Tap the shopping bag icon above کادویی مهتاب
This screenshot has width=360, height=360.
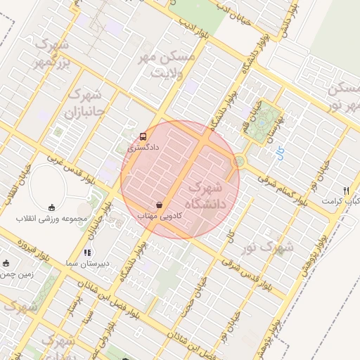click(x=160, y=205)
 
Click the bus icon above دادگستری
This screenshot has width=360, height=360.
click(x=143, y=136)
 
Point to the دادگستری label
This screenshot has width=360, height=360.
click(x=144, y=148)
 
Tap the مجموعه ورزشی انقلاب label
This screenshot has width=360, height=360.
click(x=53, y=219)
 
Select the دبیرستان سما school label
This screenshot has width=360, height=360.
click(x=86, y=263)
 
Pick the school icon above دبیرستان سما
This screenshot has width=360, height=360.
click(x=87, y=252)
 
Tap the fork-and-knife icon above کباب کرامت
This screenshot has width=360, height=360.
click(x=345, y=191)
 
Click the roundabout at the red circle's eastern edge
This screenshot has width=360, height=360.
click(x=238, y=161)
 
